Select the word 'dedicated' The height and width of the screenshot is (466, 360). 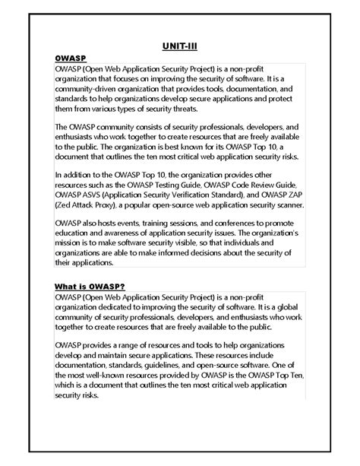coord(107,306)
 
